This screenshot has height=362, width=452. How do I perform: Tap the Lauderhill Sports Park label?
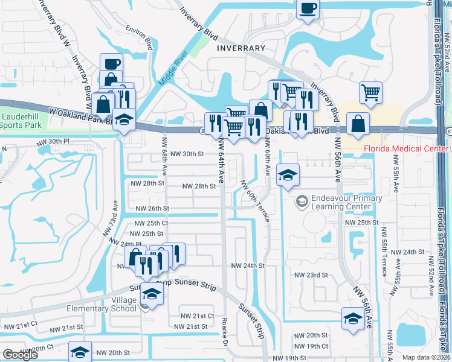click(21, 121)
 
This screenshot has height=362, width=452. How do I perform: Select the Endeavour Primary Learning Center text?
click(346, 202)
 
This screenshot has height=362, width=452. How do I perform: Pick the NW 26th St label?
click(150, 208)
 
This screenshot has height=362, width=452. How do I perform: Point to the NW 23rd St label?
click(311, 275)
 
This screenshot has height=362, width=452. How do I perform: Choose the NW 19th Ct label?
click(312, 346)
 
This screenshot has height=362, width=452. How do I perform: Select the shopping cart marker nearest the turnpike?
click(370, 92)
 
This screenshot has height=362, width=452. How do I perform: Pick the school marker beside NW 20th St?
click(80, 352)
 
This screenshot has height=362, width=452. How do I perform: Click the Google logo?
click(20, 355)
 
